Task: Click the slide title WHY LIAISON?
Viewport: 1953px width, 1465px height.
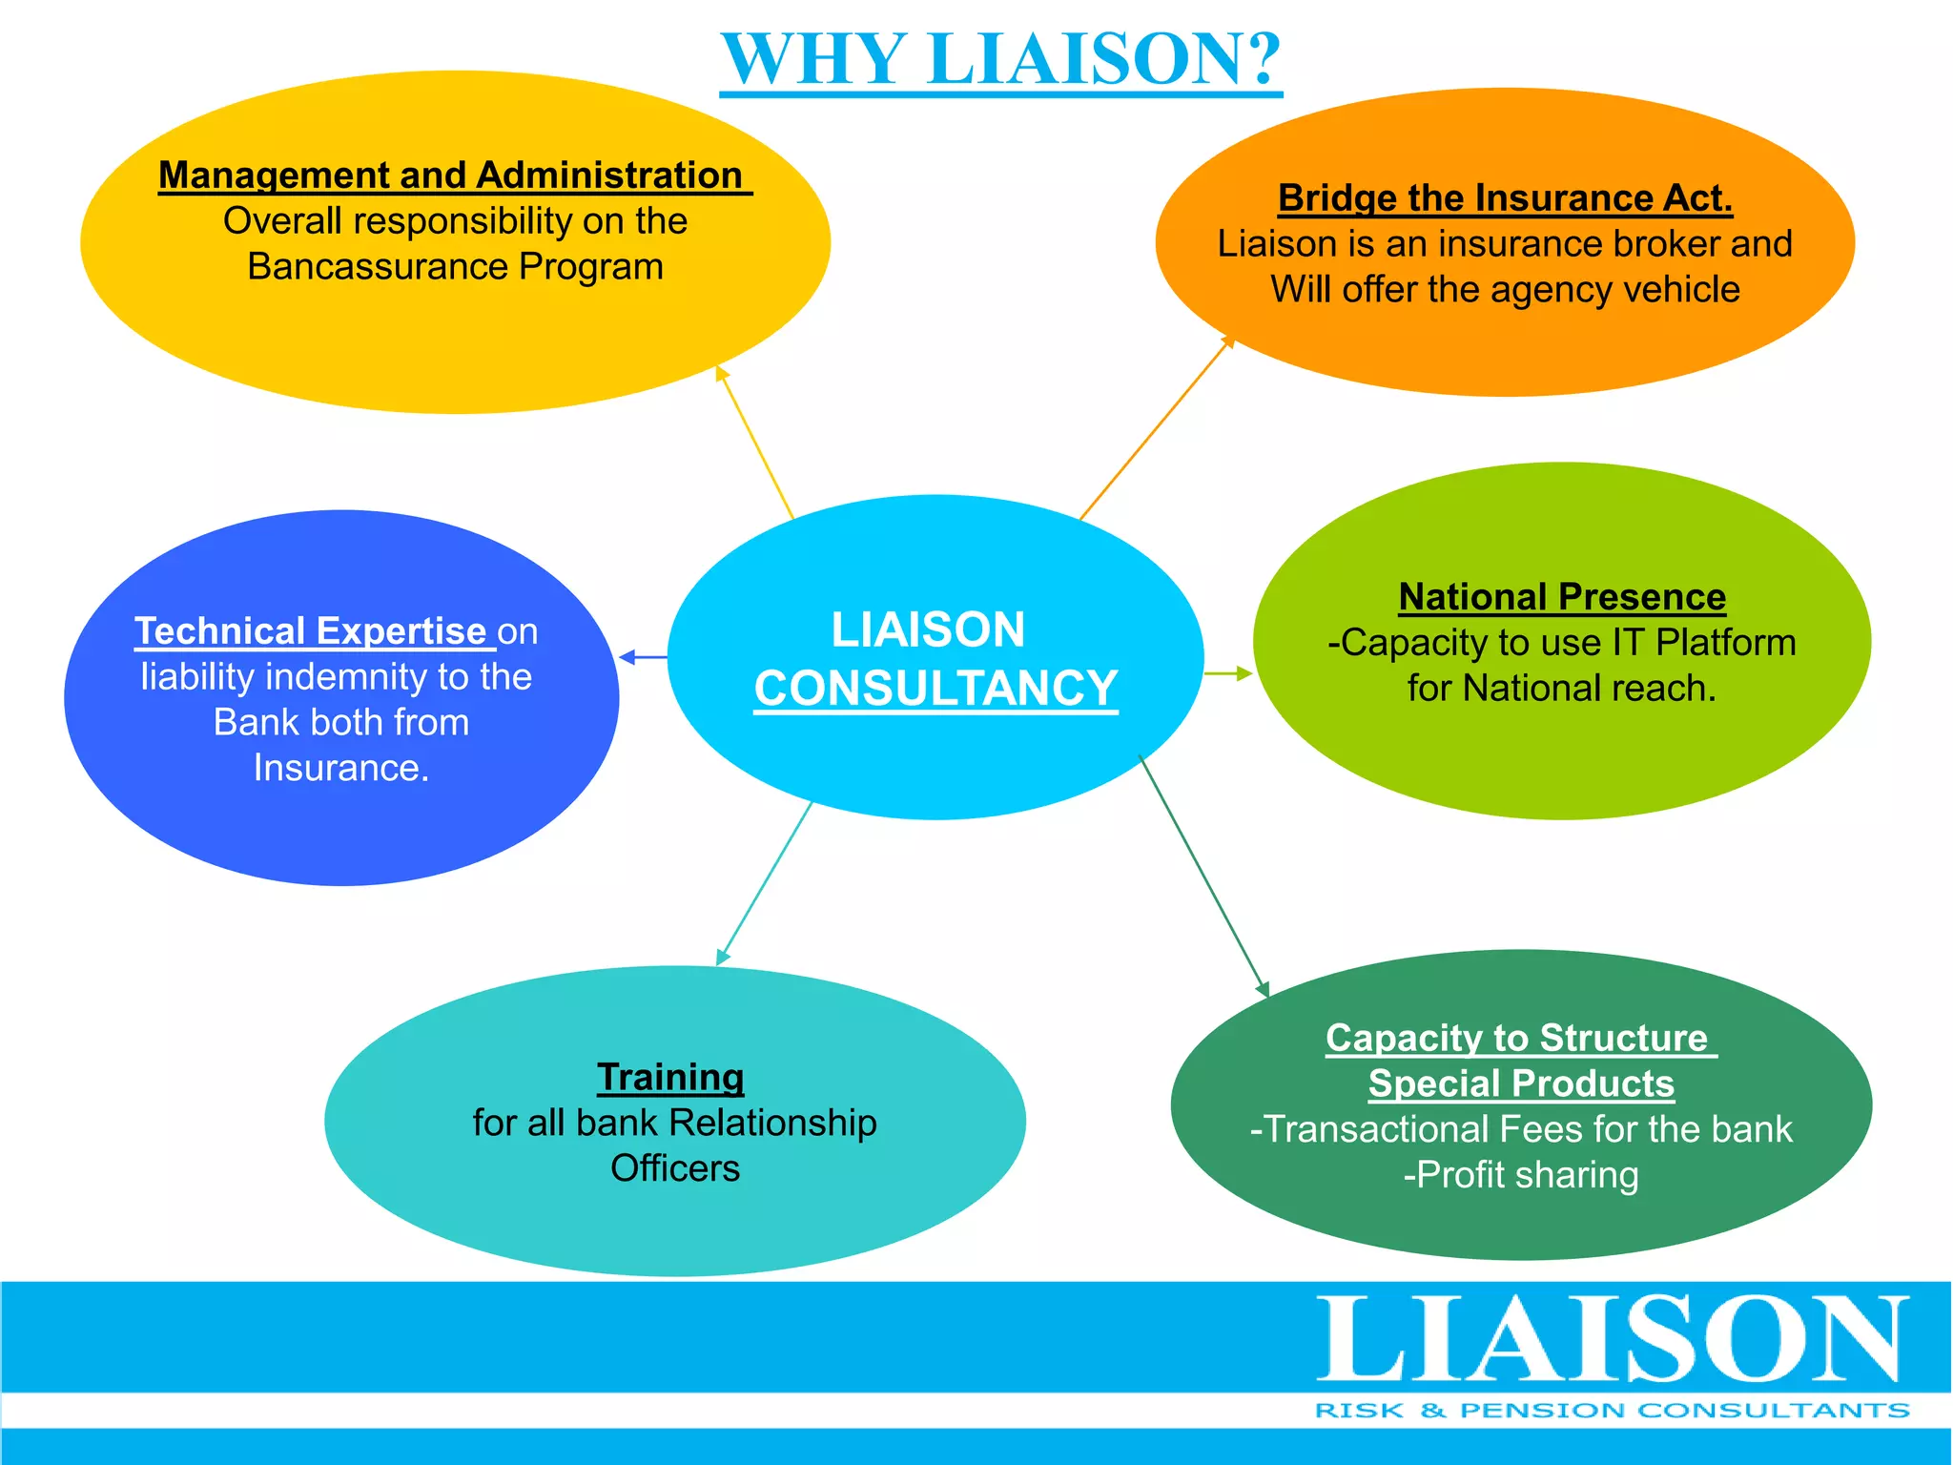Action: click(1000, 59)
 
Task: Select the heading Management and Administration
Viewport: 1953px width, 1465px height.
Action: click(451, 175)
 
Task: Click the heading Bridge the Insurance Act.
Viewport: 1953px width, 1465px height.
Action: click(1505, 198)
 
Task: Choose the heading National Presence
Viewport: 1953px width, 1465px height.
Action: click(1562, 597)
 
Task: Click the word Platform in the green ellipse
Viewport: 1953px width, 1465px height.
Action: click(1725, 643)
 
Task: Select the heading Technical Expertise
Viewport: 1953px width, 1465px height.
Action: click(311, 631)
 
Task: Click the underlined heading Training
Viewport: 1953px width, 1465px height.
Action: click(670, 1077)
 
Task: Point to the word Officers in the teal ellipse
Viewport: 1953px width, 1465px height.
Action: click(675, 1168)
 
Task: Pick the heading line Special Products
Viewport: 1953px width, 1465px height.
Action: click(1521, 1083)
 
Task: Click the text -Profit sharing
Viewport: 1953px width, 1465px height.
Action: click(1521, 1175)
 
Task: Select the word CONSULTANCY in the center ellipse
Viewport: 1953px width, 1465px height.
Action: click(935, 689)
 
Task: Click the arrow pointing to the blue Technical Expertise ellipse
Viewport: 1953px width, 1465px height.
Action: click(643, 657)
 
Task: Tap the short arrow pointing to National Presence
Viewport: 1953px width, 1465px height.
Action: click(1228, 673)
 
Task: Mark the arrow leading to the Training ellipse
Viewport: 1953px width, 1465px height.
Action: click(764, 882)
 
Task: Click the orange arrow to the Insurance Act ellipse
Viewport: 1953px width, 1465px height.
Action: click(1157, 427)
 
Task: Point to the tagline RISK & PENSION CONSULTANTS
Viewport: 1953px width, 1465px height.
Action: click(1612, 1411)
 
